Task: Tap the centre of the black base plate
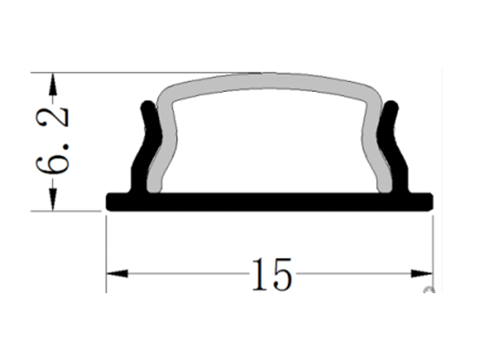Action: pyautogui.click(x=270, y=201)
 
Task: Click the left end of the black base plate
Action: pyautogui.click(x=110, y=201)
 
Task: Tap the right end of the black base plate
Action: pyautogui.click(x=430, y=201)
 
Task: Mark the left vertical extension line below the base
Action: pyautogui.click(x=106, y=253)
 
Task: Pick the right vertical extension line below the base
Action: pyautogui.click(x=434, y=253)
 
